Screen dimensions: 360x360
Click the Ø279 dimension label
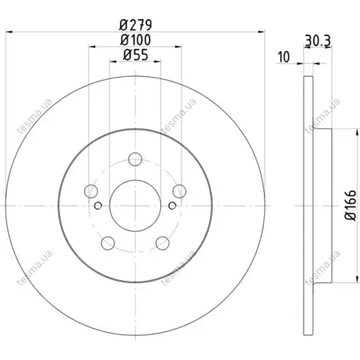pos(135,25)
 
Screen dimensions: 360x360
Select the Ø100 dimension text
pos(135,40)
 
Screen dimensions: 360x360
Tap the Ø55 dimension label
pos(135,55)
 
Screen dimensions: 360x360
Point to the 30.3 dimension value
pos(318,41)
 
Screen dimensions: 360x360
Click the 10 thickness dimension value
pos(283,57)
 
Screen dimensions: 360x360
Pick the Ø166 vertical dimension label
pos(350,205)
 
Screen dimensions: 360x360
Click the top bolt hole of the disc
pos(135,159)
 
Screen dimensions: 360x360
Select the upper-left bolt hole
pos(91,191)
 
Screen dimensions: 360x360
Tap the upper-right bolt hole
pos(179,191)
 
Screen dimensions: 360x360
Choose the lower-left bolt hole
pos(108,243)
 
